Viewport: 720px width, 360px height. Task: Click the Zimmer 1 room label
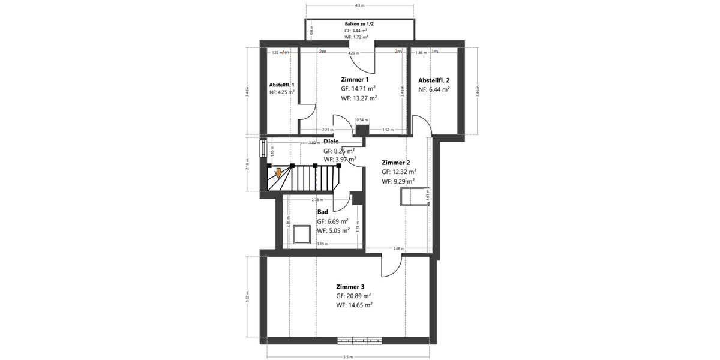tap(355, 79)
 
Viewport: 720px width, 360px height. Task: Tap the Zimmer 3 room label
tap(350, 287)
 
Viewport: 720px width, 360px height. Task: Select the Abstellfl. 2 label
tap(434, 80)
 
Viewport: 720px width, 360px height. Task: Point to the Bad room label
tap(323, 212)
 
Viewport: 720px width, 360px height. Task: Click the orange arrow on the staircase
tap(278, 173)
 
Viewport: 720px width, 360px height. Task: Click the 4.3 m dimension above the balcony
tap(359, 5)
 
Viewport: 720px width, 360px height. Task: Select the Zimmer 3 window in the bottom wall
tap(359, 340)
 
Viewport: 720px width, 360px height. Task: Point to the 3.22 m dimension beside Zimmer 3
tap(247, 296)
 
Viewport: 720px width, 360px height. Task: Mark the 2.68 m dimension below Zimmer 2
tap(398, 248)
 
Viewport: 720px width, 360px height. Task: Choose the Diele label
tap(331, 142)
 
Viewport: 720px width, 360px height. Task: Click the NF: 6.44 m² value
tap(434, 89)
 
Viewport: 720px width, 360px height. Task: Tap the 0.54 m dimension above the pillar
tap(362, 120)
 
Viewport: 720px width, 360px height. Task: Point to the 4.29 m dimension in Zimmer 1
tap(355, 53)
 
